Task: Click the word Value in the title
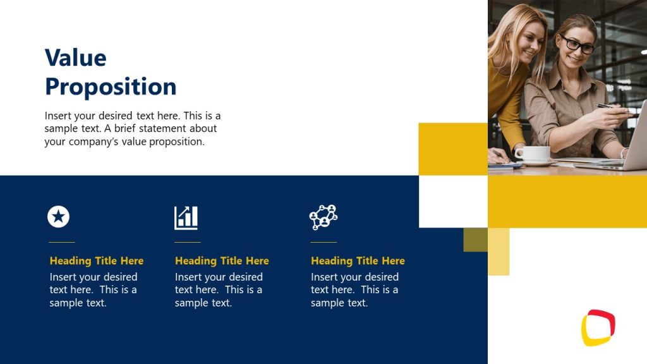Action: pos(75,58)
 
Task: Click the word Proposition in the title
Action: pos(111,87)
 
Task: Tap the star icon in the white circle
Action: pos(58,217)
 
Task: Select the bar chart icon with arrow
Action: pos(186,217)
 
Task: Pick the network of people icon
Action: pos(323,217)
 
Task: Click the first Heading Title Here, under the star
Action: pos(96,260)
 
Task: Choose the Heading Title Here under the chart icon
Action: pos(221,260)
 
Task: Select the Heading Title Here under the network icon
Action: pos(357,260)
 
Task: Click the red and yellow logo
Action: pos(598,327)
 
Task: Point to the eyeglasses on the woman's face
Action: pos(578,45)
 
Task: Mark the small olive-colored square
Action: pos(475,240)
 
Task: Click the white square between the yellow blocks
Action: pos(453,201)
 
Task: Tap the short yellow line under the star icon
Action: pos(61,242)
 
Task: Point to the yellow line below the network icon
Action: pos(323,242)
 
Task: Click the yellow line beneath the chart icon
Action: pos(187,242)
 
